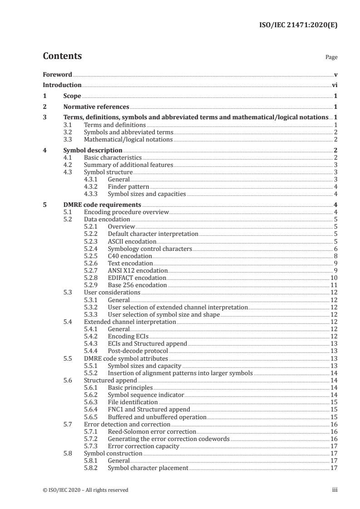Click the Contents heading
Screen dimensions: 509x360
click(62, 56)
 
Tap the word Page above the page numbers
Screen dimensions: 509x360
click(331, 58)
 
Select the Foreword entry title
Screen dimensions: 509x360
click(57, 74)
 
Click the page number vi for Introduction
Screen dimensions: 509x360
click(334, 85)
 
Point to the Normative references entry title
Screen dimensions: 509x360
click(96, 107)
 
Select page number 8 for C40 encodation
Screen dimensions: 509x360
click(335, 256)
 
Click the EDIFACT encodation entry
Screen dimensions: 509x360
click(137, 278)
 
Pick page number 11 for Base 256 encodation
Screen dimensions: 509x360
click(334, 285)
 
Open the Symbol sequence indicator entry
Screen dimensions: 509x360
click(146, 395)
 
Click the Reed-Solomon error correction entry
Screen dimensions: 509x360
click(152, 431)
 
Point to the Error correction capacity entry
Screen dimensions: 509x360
click(143, 446)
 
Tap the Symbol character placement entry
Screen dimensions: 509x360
click(148, 468)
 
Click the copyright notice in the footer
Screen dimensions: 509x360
click(85, 489)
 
